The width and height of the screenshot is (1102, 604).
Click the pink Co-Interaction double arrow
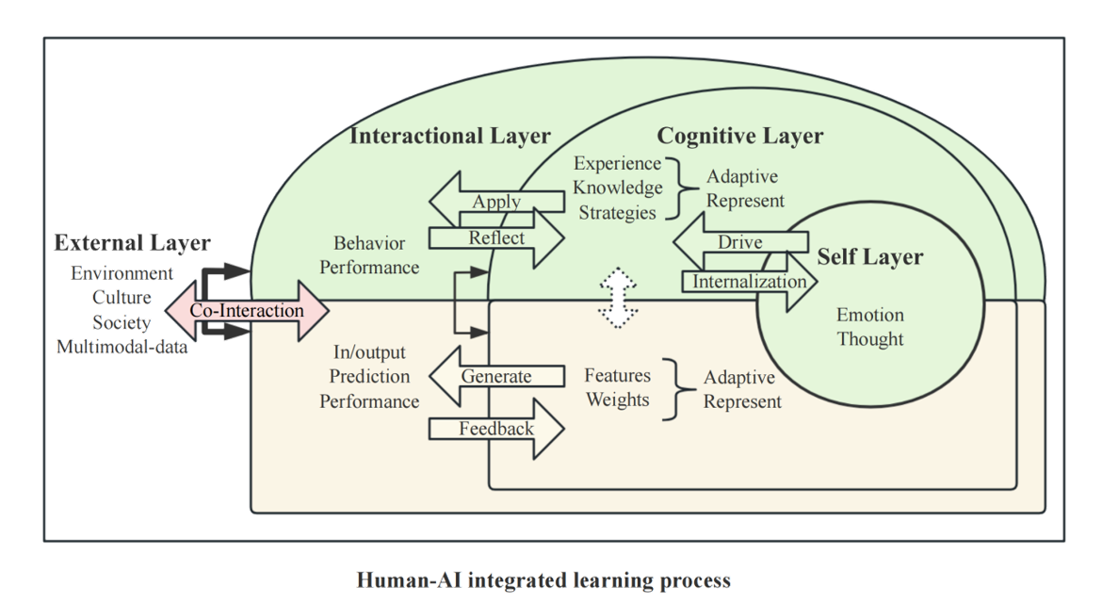tap(247, 310)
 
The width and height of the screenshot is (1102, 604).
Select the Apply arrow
tap(496, 202)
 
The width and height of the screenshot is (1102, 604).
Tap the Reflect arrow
tap(496, 237)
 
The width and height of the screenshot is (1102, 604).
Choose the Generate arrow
tap(495, 377)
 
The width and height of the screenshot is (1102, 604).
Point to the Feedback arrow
tap(496, 429)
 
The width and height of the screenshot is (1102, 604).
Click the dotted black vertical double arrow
tap(615, 299)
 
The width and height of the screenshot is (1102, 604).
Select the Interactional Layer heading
tap(449, 136)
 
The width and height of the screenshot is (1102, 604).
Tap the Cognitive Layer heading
tap(739, 136)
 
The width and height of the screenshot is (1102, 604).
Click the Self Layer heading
tap(869, 256)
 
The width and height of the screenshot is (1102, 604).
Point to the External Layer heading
tap(132, 242)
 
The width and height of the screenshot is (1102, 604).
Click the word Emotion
tap(869, 315)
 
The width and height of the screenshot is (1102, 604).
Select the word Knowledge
tap(618, 188)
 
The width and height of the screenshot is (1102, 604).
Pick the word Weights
tap(618, 400)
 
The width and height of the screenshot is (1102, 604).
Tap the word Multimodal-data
tap(122, 346)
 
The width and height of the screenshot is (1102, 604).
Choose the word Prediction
tap(369, 377)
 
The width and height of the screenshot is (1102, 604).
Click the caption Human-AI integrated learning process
tap(543, 580)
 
